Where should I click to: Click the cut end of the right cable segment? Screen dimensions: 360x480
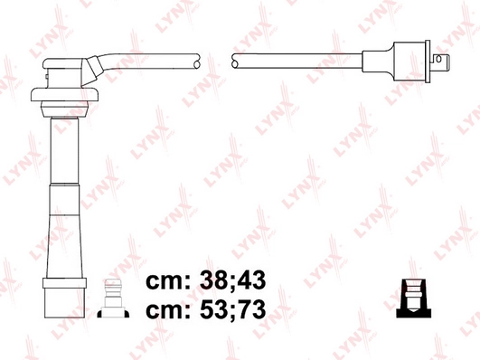click(x=235, y=61)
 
